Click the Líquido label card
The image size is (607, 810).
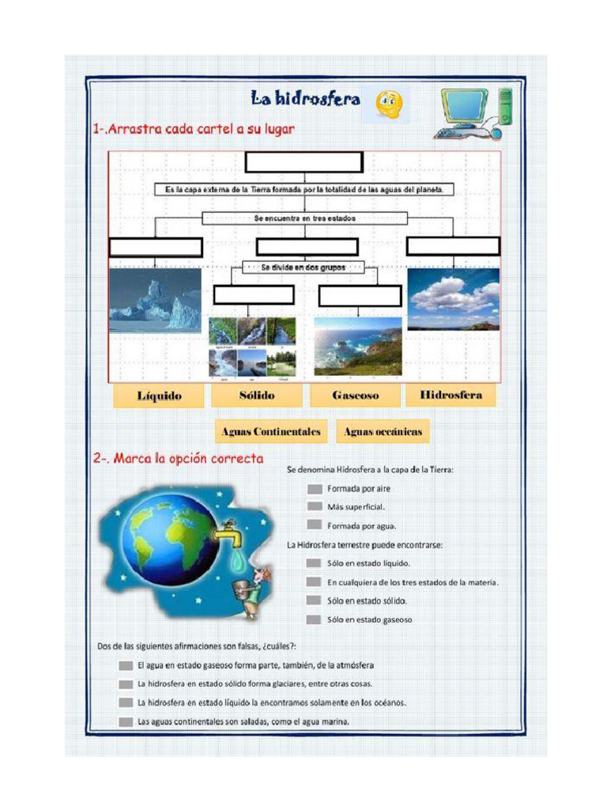click(x=158, y=396)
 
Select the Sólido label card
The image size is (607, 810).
click(x=257, y=396)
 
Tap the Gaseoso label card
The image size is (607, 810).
click(x=355, y=396)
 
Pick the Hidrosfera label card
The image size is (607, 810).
click(x=451, y=395)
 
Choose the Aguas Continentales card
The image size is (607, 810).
click(x=271, y=432)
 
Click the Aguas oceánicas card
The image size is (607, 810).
click(x=383, y=432)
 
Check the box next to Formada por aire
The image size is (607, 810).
click(x=315, y=489)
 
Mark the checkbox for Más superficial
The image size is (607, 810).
click(x=315, y=506)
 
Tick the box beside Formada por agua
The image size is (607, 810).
click(x=315, y=524)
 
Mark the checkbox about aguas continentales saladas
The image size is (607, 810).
click(x=126, y=721)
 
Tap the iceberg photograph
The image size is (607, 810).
click(x=155, y=300)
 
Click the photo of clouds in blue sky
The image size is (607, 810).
click(x=453, y=298)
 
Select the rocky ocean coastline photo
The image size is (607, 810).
click(x=357, y=346)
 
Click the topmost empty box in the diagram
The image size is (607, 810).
click(x=303, y=162)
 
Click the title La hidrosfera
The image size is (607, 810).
click(x=305, y=99)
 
